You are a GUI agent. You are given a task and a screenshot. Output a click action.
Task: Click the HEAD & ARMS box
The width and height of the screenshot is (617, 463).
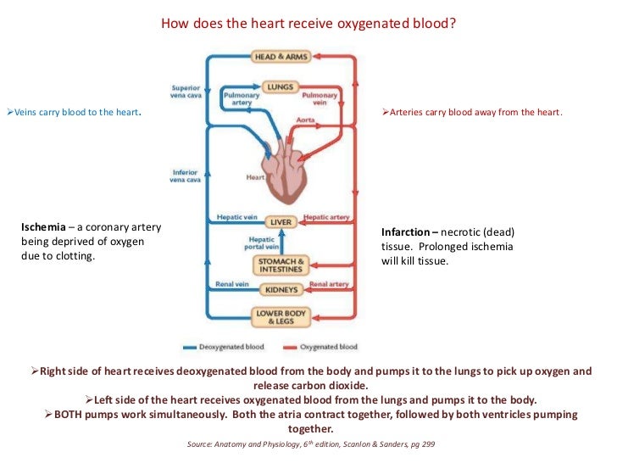tap(280, 57)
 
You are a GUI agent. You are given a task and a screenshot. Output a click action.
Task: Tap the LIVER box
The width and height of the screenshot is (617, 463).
tap(281, 222)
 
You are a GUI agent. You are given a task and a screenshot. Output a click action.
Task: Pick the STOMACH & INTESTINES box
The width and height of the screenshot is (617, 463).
tap(281, 265)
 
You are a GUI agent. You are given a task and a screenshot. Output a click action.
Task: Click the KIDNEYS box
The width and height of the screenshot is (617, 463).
tap(281, 290)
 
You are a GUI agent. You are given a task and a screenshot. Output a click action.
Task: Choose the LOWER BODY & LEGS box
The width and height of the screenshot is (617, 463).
tap(281, 318)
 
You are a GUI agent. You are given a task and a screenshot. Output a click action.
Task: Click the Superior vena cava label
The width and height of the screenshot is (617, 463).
tap(186, 91)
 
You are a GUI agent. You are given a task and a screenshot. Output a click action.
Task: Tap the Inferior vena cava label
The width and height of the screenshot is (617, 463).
tap(186, 176)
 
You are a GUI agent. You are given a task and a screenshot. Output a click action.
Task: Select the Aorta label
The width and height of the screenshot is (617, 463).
tap(306, 120)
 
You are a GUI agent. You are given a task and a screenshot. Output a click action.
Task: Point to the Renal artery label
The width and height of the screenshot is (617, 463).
tap(329, 284)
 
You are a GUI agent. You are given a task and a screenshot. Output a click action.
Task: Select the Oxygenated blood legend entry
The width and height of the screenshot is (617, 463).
tap(326, 347)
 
